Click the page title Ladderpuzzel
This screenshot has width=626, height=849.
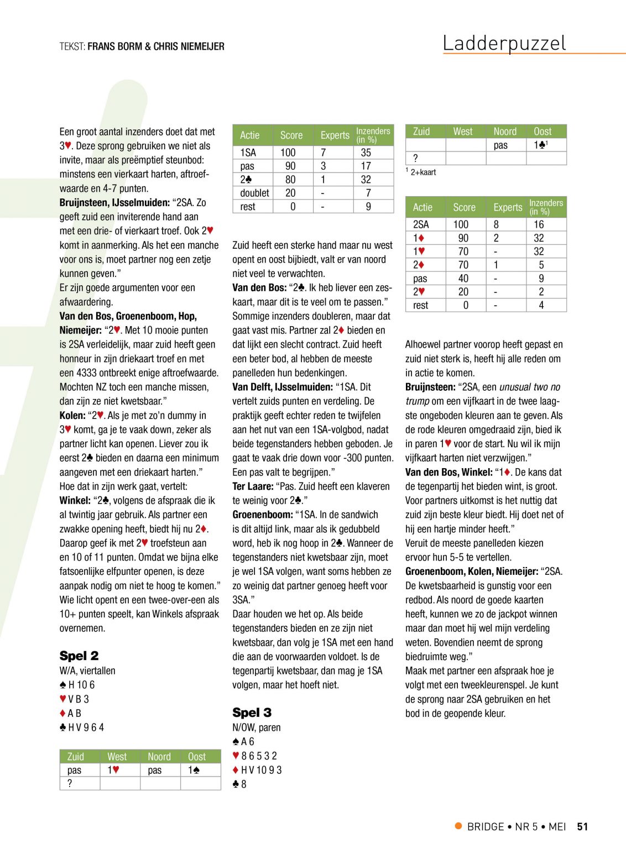coord(504,43)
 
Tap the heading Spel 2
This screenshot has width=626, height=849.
coord(79,656)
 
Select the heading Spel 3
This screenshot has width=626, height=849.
coord(252,712)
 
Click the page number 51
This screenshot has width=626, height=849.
coord(582,827)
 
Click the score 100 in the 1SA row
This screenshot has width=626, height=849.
coord(288,153)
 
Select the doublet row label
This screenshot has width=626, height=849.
coord(254,193)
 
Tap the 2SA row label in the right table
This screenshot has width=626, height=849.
coord(421,224)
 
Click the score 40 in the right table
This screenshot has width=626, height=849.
coord(463,279)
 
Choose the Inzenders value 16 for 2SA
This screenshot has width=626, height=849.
coord(539,224)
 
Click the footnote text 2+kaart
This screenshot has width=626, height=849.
coord(423,172)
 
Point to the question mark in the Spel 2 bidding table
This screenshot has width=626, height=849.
coord(70,783)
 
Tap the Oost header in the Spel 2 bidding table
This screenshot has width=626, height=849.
coord(197,757)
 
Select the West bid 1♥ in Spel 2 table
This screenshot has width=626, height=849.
coord(113,770)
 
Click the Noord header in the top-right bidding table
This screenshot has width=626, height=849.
coord(505,132)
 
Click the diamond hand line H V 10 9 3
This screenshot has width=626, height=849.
coord(258,770)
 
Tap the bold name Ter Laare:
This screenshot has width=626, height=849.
coord(253,486)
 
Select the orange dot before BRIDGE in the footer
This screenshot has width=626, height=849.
coord(458,826)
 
